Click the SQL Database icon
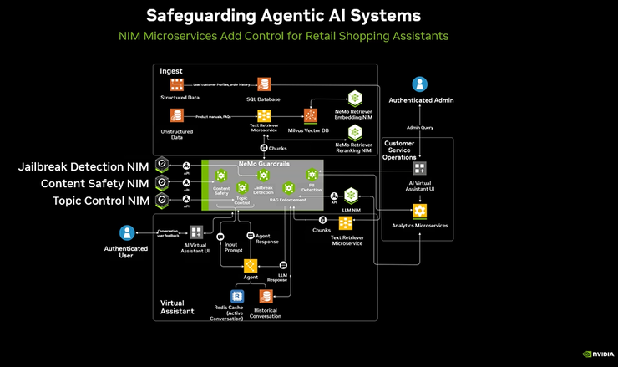click(x=264, y=84)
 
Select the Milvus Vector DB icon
click(x=311, y=115)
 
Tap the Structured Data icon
click(x=176, y=84)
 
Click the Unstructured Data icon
click(x=176, y=115)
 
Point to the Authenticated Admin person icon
click(x=420, y=84)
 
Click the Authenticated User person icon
click(x=126, y=232)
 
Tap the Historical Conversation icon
click(x=266, y=296)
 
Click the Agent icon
click(x=250, y=267)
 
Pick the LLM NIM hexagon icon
click(x=351, y=196)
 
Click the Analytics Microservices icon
click(x=419, y=212)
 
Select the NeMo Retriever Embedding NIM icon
click(x=354, y=97)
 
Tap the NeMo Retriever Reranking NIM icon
click(x=354, y=131)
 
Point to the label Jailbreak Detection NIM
click(x=84, y=167)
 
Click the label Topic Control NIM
click(x=101, y=201)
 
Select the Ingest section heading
click(x=171, y=71)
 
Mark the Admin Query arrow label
click(x=420, y=128)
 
